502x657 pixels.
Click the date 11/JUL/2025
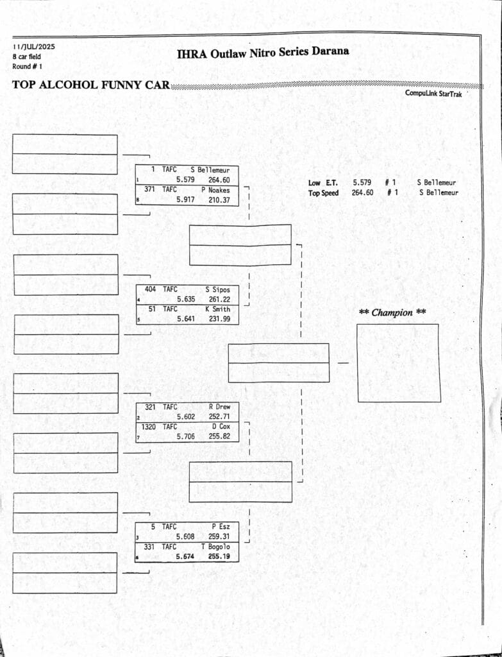coord(34,47)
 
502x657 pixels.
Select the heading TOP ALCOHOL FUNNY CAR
coord(90,85)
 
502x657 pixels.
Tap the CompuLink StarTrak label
coord(433,94)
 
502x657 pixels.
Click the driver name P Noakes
coord(215,190)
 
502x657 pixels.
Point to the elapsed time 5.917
coord(185,200)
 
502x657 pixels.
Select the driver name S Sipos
coord(217,290)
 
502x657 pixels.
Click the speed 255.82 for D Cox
coord(219,436)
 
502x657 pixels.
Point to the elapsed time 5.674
coord(185,556)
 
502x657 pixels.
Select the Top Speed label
coord(324,193)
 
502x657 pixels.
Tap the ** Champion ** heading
coord(393,313)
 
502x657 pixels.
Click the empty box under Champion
coord(399,363)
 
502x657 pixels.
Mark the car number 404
coord(150,289)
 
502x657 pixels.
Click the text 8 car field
coord(26,56)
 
